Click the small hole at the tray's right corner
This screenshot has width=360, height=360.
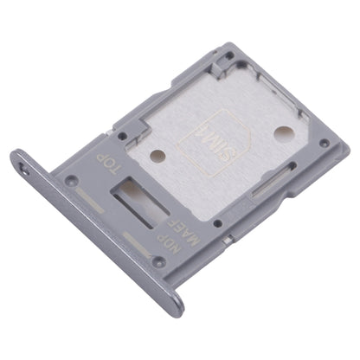(x=322, y=143)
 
